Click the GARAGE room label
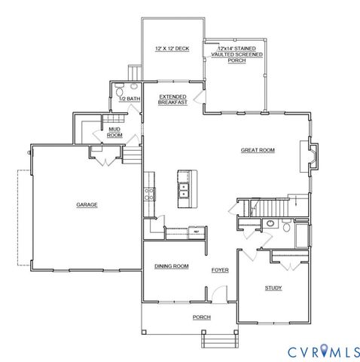[87, 204]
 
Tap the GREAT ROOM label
[258, 150]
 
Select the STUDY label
[273, 288]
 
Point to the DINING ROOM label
[171, 266]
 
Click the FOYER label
[220, 269]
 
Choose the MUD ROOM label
[114, 132]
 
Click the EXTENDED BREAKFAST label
[172, 99]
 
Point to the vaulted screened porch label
[237, 52]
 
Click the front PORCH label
[201, 317]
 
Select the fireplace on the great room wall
[311, 155]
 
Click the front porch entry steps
[216, 342]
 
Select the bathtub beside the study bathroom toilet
[303, 236]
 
